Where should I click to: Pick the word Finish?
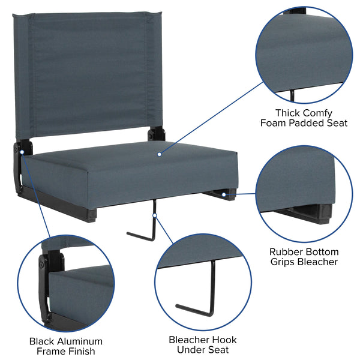click(81, 352)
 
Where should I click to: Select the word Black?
click(43, 341)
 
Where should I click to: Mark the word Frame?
click(50, 352)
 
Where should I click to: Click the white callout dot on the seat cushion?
click(159, 154)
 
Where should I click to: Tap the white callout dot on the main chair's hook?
click(154, 215)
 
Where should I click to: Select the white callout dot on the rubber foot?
click(224, 194)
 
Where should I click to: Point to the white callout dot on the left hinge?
click(22, 152)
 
